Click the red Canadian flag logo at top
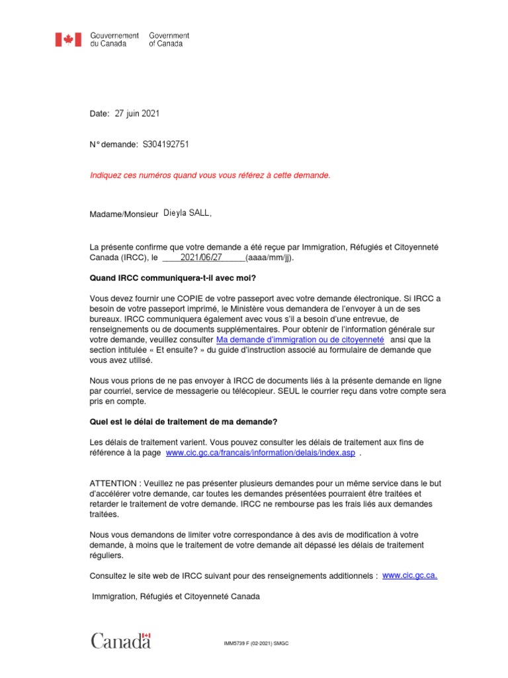68,40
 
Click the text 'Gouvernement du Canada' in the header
114,40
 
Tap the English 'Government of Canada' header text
169,40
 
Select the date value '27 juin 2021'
137,114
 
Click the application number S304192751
169,144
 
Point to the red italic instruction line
210,175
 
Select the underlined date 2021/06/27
201,258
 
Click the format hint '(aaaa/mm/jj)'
269,258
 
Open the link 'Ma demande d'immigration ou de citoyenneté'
300,338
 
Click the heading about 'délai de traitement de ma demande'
183,422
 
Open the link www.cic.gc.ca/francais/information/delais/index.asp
260,453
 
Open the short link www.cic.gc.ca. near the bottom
409,575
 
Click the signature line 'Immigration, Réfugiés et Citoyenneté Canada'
176,597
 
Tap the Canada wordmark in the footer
120,641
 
